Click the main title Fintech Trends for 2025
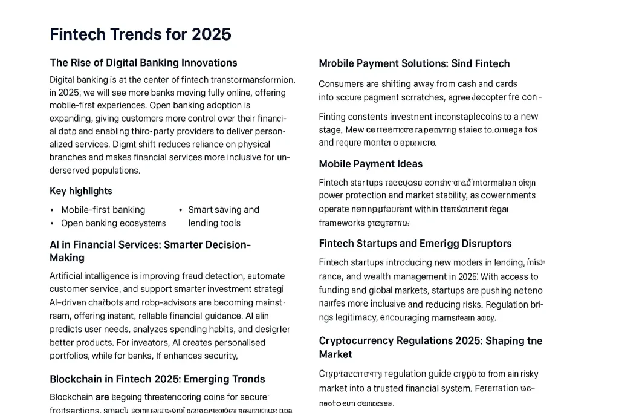click(x=140, y=34)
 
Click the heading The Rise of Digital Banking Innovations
click(x=143, y=63)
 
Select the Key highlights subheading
click(x=81, y=191)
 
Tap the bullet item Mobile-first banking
click(x=103, y=210)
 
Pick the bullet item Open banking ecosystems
click(x=113, y=223)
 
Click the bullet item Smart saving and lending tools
click(x=223, y=216)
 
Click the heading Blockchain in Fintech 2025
click(x=157, y=379)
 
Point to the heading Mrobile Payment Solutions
click(x=414, y=63)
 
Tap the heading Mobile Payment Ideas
click(x=371, y=164)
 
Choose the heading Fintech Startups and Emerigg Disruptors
click(x=415, y=244)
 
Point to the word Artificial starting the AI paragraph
click(x=68, y=276)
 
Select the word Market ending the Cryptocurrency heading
click(x=335, y=354)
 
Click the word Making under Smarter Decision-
click(x=67, y=258)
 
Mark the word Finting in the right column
click(x=332, y=117)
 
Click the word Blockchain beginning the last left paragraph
click(x=71, y=397)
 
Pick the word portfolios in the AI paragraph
click(x=68, y=356)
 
